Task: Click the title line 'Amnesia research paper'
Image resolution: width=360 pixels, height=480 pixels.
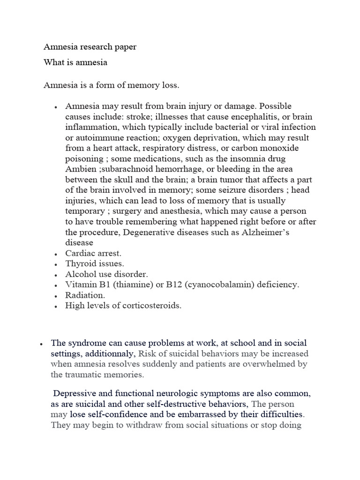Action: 90,47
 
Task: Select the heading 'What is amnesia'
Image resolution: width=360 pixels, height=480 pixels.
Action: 75,62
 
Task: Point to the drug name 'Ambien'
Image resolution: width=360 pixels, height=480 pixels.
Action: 80,169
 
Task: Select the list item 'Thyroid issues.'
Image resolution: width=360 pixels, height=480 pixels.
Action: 95,264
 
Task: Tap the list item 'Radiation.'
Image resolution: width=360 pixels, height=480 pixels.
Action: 85,295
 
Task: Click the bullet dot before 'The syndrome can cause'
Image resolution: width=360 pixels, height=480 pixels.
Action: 41,344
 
